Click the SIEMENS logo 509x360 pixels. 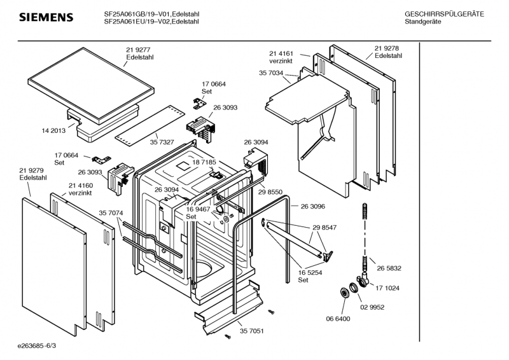point(46,17)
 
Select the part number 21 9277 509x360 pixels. point(139,49)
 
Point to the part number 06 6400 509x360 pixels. point(337,319)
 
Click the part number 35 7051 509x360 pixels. point(252,331)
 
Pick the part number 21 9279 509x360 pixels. point(32,170)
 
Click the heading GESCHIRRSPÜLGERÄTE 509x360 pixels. point(444,14)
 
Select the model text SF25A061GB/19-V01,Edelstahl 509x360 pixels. point(151,14)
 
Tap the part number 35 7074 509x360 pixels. point(111,212)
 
